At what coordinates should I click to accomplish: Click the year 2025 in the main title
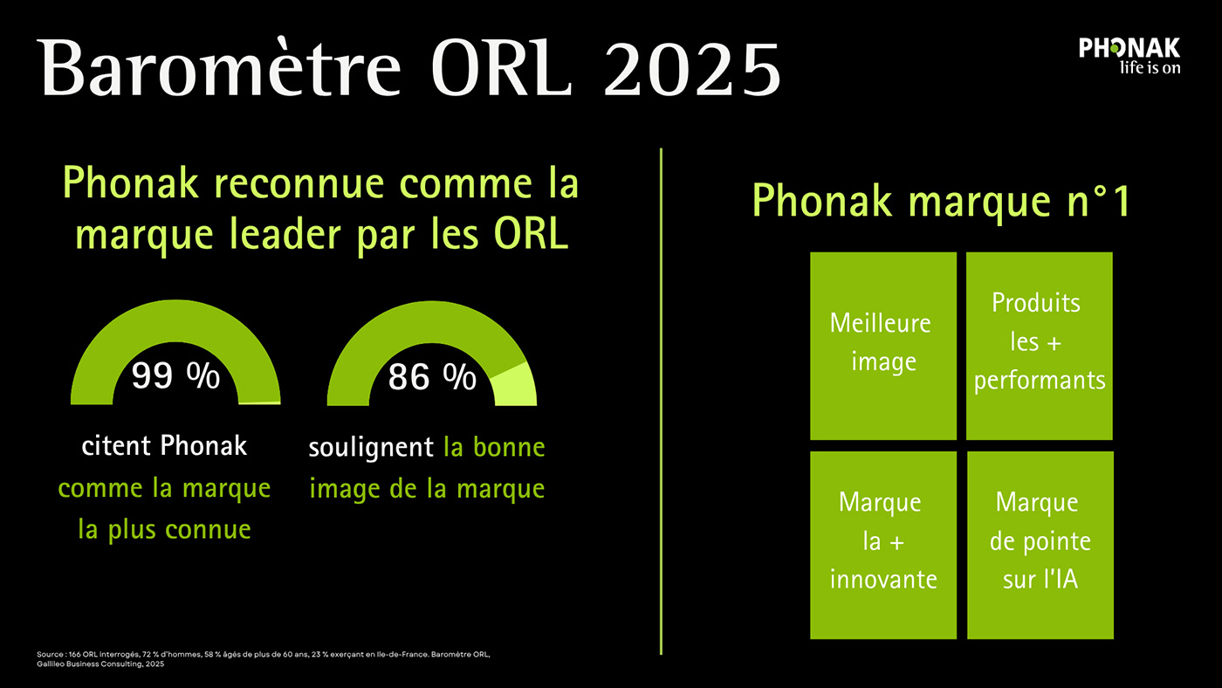[x=691, y=66]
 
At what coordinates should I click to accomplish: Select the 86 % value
[x=432, y=377]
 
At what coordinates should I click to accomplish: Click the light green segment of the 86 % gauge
[x=515, y=384]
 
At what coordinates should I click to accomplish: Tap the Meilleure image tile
[x=882, y=344]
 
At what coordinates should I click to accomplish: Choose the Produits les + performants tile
[x=1039, y=344]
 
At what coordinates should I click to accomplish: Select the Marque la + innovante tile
[x=882, y=543]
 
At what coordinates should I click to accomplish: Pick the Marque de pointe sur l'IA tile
[x=1040, y=543]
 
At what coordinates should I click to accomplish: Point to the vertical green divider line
[x=661, y=402]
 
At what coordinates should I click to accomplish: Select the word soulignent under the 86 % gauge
[x=371, y=448]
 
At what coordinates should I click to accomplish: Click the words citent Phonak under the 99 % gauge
[x=164, y=446]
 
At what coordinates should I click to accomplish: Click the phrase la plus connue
[x=164, y=529]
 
